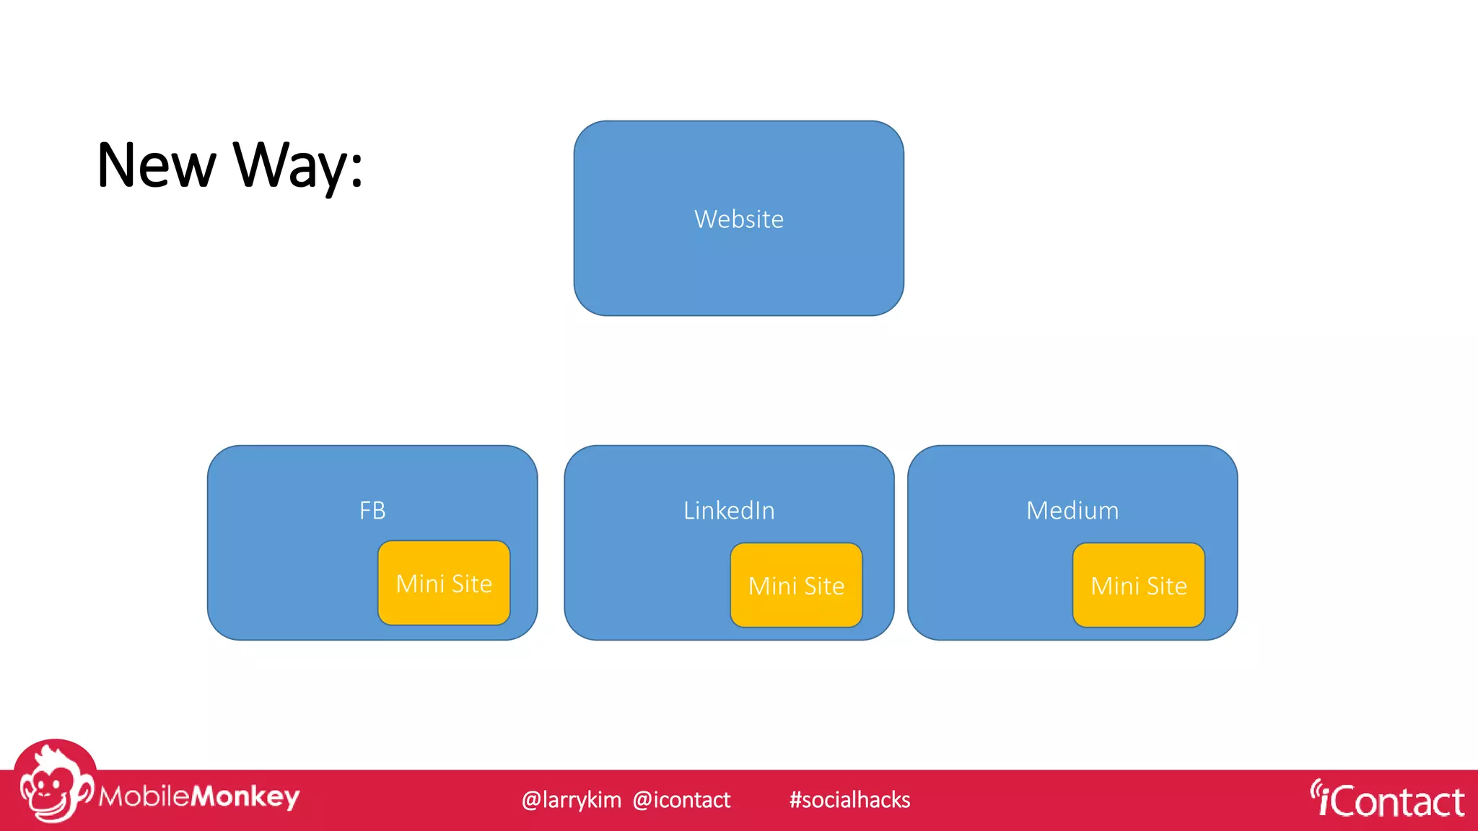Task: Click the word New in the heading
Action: tap(156, 166)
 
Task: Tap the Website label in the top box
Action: tap(738, 219)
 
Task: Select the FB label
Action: tap(372, 511)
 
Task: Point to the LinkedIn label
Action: tap(729, 511)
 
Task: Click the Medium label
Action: tap(1072, 511)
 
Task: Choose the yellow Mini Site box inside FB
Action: tap(444, 583)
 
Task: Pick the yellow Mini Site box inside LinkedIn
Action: tap(796, 585)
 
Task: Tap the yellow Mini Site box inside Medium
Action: tap(1138, 585)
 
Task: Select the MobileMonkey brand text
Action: tap(199, 796)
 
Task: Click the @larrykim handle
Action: tap(571, 800)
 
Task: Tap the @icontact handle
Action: tap(681, 800)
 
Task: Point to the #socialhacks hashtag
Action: tap(849, 800)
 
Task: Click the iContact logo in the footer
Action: tap(1389, 801)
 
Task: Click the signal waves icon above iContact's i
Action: tap(1316, 788)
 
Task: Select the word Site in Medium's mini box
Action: tap(1166, 586)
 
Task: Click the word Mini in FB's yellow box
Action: tap(420, 584)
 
